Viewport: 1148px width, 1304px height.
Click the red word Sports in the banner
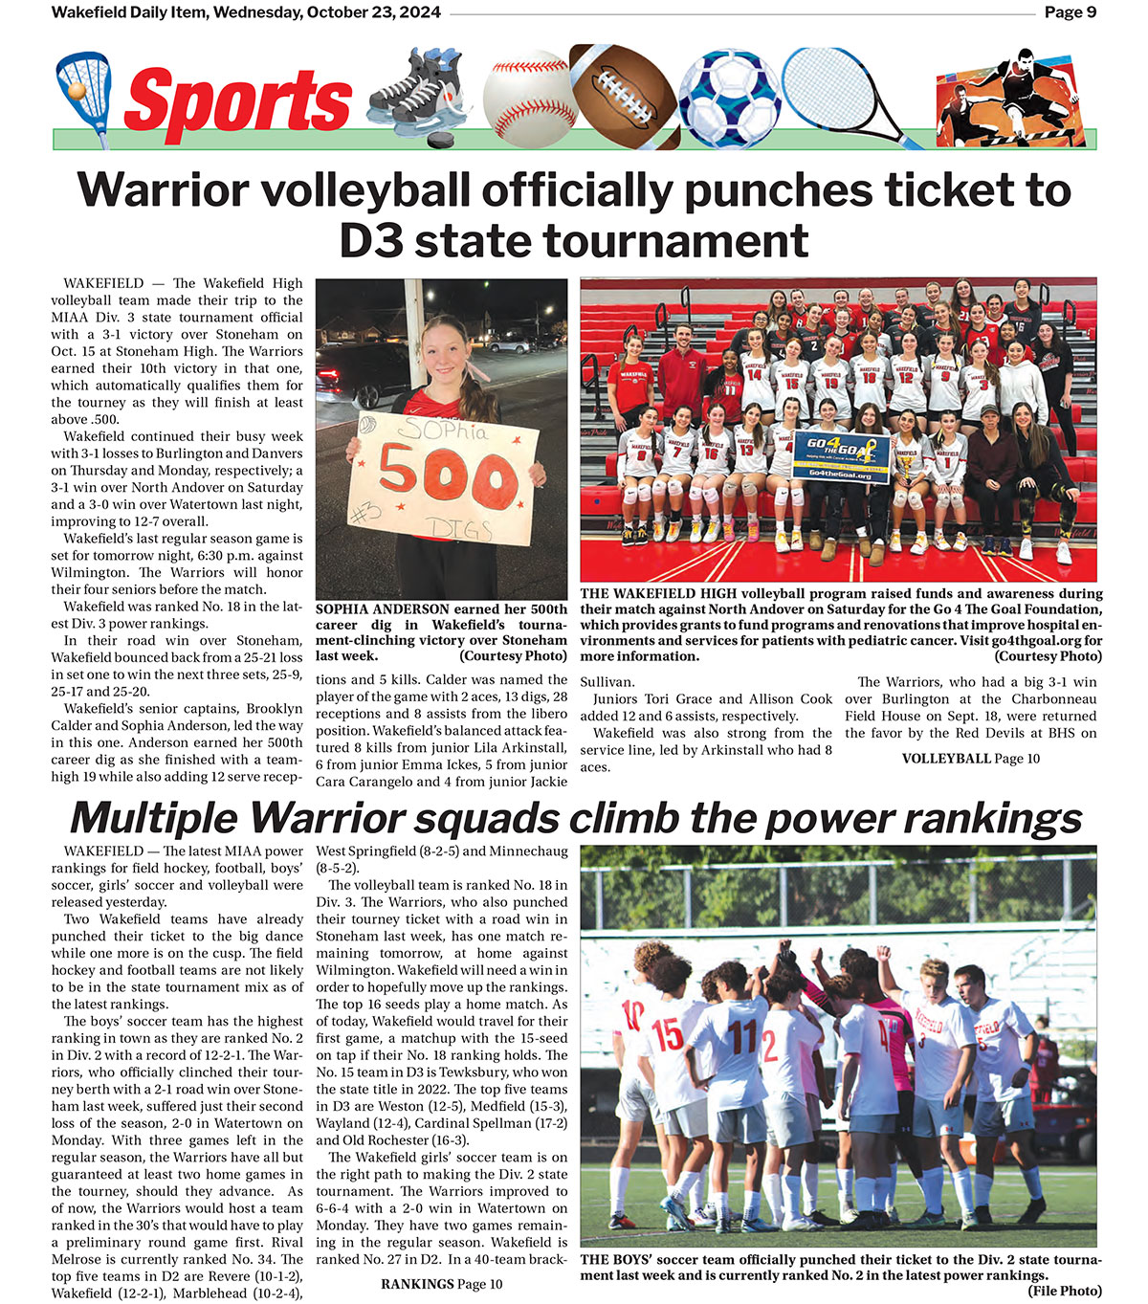[x=238, y=100]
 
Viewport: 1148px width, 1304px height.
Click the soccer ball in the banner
[x=729, y=99]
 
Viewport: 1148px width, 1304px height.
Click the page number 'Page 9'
[x=1070, y=12]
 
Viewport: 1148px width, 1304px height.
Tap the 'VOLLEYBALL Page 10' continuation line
[x=970, y=759]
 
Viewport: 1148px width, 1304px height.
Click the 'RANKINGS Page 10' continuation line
[x=441, y=1284]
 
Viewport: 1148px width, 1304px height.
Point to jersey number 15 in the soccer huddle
[x=667, y=1035]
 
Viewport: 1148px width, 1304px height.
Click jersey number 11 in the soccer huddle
[x=741, y=1035]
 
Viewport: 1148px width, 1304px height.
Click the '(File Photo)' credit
[x=1065, y=1291]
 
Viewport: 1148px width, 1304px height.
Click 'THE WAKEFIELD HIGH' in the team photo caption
[x=657, y=594]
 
